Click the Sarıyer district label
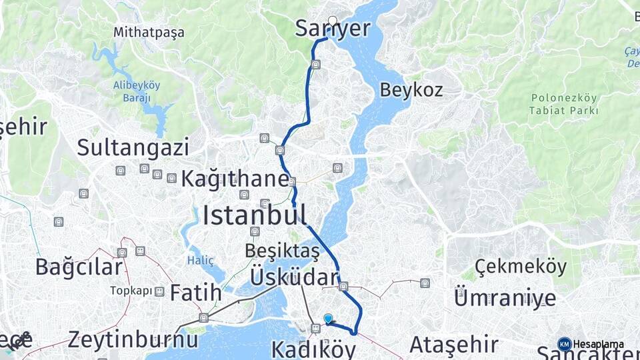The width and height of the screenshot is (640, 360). click(333, 29)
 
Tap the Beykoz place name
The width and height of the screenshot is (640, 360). click(411, 90)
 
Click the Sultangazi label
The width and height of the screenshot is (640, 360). click(133, 147)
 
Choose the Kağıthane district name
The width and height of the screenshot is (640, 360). click(235, 179)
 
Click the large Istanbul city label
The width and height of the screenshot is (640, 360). click(255, 215)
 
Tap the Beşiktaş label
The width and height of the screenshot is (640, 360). click(282, 251)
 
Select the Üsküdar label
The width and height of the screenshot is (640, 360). click(294, 277)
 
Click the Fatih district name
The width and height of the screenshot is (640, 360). click(195, 293)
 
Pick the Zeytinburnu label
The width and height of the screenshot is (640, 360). click(133, 339)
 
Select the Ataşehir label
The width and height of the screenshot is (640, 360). click(453, 345)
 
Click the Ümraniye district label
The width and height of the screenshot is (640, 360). click(505, 297)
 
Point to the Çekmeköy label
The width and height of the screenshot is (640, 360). click(521, 267)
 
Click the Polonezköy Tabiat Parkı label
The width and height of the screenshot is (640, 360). click(564, 104)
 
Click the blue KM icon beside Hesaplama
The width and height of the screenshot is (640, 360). click(564, 344)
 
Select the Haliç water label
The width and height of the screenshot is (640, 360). click(201, 259)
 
